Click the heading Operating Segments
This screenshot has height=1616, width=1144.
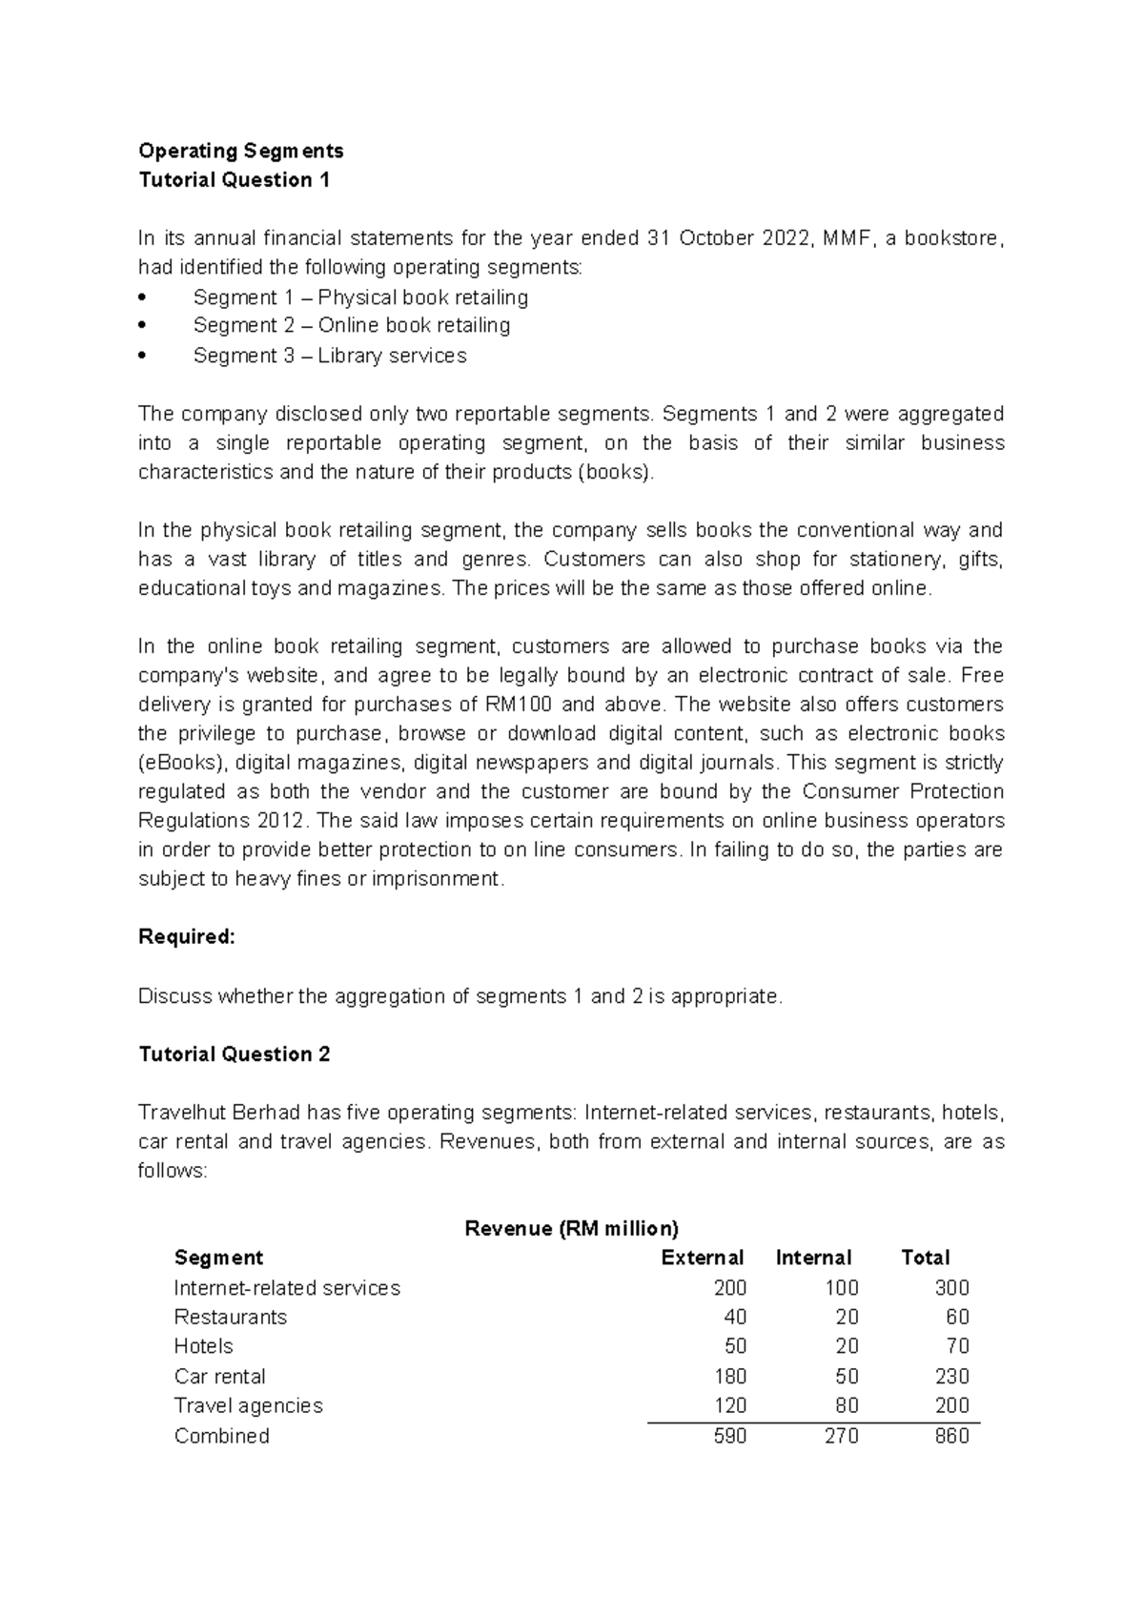click(240, 151)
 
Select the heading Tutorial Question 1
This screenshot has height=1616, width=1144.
click(234, 180)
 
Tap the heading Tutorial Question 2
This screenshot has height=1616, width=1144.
click(234, 1053)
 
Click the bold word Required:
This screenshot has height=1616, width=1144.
click(186, 937)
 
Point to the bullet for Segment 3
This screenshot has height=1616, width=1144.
click(142, 356)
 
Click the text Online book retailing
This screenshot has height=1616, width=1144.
click(414, 326)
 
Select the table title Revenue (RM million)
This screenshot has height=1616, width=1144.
click(571, 1228)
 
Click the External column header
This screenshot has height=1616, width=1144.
click(702, 1258)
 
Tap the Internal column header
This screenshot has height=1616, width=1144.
click(813, 1258)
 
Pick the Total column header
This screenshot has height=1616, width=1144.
click(925, 1258)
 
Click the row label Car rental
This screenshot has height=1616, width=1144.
click(219, 1376)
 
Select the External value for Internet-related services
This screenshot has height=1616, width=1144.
click(729, 1288)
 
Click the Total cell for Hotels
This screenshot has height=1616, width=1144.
click(957, 1346)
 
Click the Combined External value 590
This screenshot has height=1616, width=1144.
click(729, 1436)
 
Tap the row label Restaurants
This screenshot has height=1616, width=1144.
click(230, 1317)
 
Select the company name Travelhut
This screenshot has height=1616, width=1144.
click(179, 1113)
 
